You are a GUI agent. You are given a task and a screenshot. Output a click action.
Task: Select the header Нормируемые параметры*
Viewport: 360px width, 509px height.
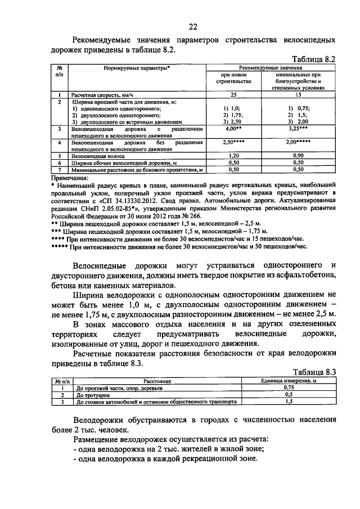pos(137,67)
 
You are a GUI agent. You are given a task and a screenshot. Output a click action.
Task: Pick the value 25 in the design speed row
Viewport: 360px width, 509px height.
pos(233,94)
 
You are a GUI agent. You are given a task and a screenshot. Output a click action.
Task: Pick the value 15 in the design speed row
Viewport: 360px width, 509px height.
pos(299,94)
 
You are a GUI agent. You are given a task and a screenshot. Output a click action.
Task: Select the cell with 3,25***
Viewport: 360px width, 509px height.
pos(299,129)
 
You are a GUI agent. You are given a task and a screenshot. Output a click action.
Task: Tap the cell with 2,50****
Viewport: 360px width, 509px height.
pos(233,144)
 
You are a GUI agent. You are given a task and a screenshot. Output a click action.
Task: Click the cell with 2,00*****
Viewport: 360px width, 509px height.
pos(299,144)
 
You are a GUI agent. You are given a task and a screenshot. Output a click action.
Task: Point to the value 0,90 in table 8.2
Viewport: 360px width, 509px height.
pos(299,155)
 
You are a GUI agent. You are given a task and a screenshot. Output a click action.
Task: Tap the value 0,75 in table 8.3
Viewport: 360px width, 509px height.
pos(289,388)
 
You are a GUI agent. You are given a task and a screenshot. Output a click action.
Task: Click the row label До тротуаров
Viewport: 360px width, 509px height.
pos(93,395)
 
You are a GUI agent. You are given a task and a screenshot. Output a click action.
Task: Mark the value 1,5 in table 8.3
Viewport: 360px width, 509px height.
pos(289,402)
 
